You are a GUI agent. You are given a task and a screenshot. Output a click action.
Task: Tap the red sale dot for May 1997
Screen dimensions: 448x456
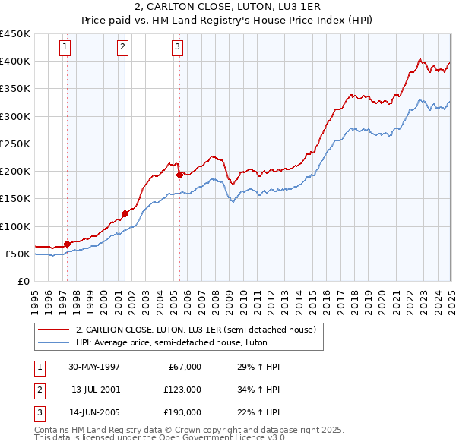[67, 244]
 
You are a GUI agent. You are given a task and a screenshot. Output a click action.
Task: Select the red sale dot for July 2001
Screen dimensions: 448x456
[124, 213]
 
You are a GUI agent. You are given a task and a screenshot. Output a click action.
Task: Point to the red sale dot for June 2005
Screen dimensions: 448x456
[179, 175]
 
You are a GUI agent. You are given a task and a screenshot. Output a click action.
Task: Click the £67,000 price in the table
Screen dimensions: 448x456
[185, 367]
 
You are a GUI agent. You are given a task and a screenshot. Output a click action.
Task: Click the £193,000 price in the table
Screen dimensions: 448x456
[182, 414]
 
